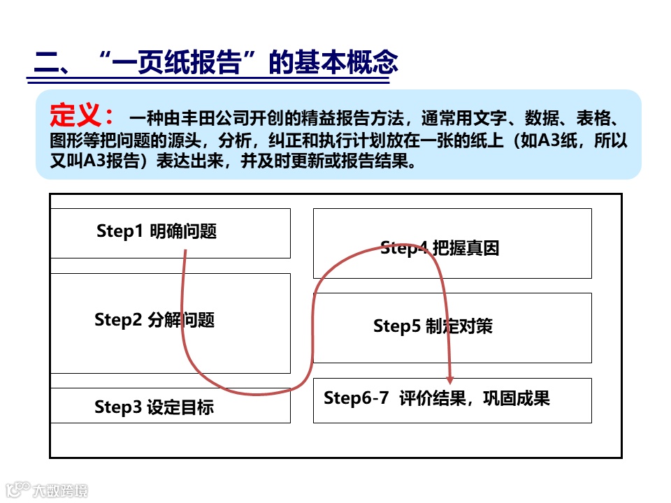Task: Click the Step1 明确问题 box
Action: pos(171,233)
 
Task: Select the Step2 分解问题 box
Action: pos(171,323)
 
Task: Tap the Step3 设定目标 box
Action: pos(171,407)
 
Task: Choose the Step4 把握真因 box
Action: pos(452,243)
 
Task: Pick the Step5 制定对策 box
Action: pos(452,327)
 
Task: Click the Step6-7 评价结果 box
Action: pos(452,400)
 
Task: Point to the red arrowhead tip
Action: pos(449,382)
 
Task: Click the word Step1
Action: pos(120,231)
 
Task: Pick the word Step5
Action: pos(396,326)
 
